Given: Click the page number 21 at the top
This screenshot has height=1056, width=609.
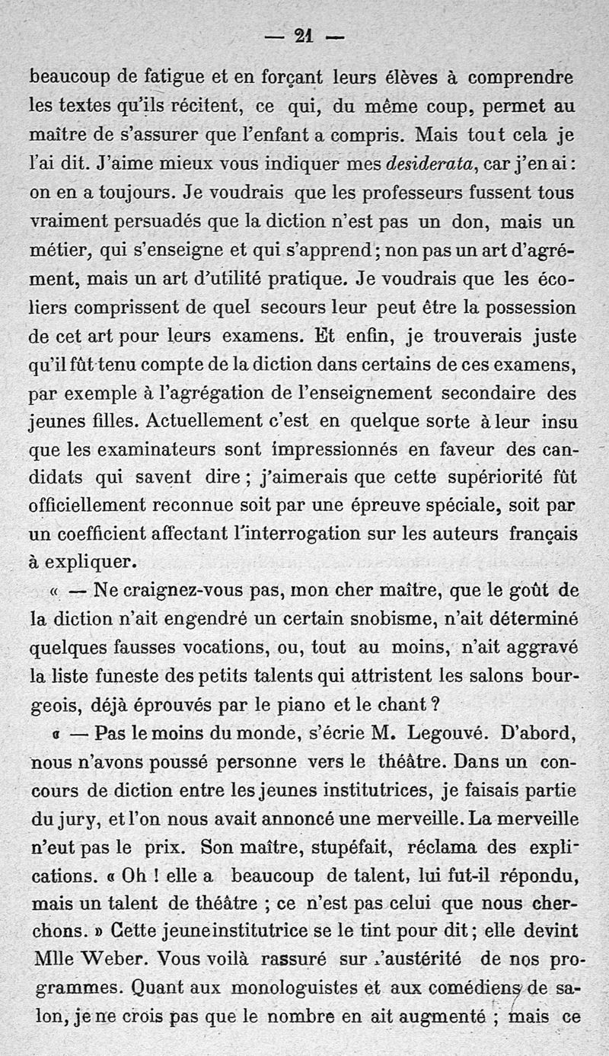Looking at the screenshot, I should [x=304, y=35].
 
